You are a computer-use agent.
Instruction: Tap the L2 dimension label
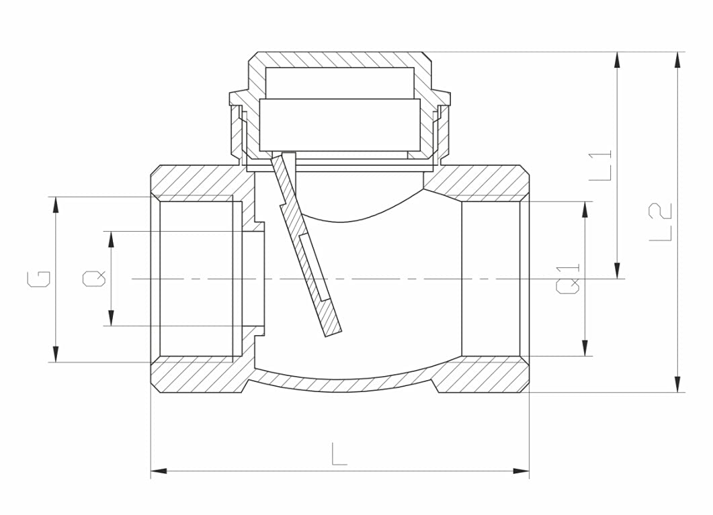(x=661, y=222)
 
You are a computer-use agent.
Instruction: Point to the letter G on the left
(x=39, y=279)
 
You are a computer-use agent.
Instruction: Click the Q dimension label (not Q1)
(x=94, y=278)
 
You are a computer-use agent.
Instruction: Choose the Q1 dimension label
(x=569, y=279)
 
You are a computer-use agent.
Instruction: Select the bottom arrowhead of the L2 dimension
(x=677, y=385)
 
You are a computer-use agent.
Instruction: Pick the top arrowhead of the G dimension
(x=56, y=204)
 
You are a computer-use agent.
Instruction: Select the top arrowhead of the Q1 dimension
(x=585, y=208)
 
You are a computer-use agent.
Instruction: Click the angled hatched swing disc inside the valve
(x=309, y=255)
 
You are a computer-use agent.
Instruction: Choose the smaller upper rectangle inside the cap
(x=339, y=83)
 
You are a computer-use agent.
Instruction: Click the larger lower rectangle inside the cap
(x=339, y=125)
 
